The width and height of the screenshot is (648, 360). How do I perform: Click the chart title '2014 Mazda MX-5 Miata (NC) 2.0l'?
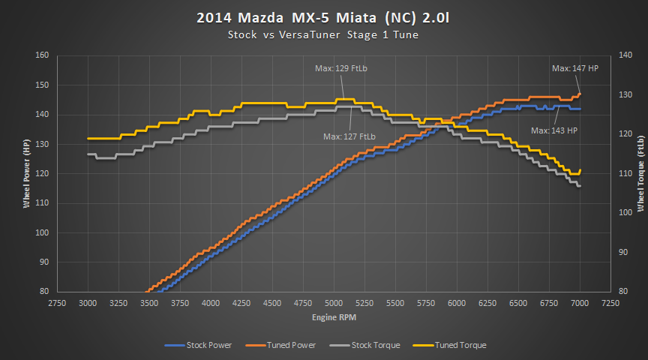tap(323, 17)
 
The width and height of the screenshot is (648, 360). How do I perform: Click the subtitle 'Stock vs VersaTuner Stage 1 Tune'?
tap(323, 34)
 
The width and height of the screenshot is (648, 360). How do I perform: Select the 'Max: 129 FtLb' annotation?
tap(341, 68)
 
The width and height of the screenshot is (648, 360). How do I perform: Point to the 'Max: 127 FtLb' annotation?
tap(349, 136)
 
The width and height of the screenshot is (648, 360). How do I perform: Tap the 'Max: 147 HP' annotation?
tap(575, 67)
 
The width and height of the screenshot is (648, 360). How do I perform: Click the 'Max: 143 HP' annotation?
tap(554, 130)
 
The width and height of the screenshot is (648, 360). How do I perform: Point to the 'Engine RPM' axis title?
tap(334, 319)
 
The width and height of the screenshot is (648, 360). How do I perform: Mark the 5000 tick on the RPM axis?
tap(334, 303)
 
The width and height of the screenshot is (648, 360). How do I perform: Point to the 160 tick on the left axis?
tap(41, 55)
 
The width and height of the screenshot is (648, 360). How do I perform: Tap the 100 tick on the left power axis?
tap(41, 232)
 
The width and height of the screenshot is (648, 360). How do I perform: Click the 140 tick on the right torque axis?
tap(624, 55)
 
